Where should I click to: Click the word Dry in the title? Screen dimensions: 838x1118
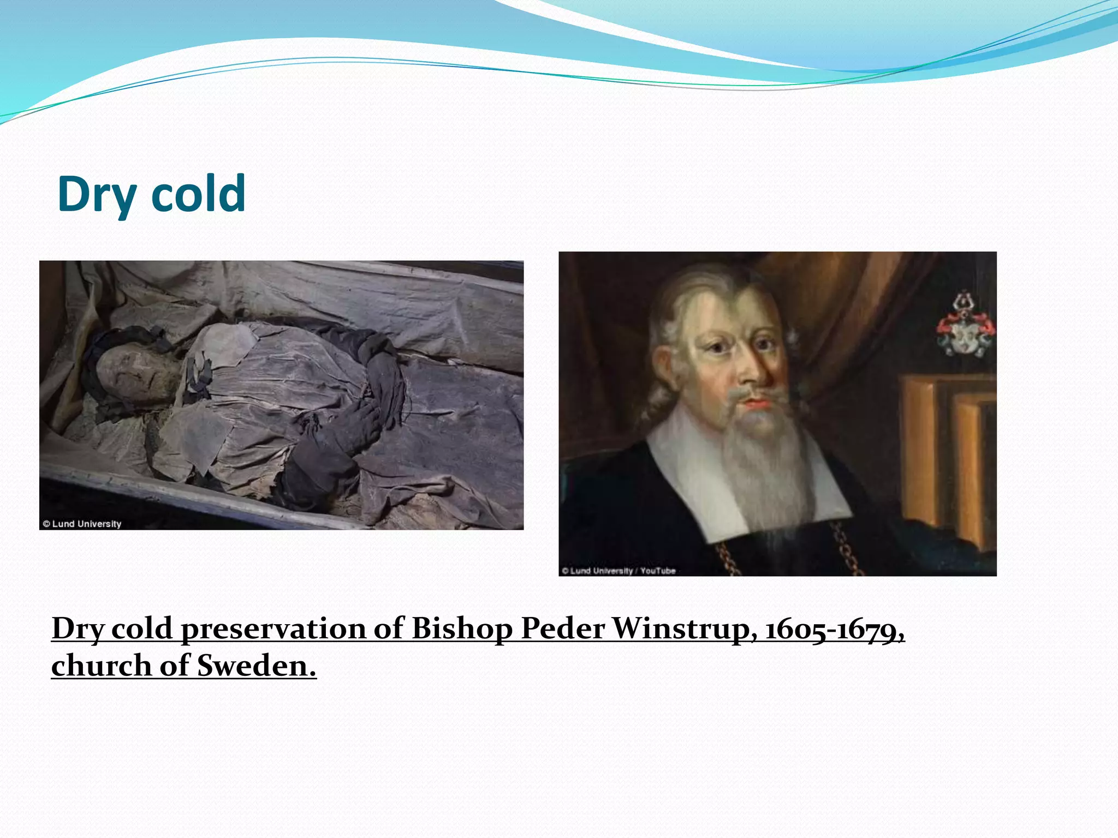click(x=96, y=194)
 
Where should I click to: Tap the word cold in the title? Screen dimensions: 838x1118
click(x=198, y=194)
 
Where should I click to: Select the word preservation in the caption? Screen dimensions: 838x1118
click(x=273, y=628)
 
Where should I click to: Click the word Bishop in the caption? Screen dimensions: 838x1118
click(x=461, y=628)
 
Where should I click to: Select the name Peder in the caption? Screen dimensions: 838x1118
click(x=562, y=628)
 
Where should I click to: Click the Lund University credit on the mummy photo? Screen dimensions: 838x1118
click(x=82, y=524)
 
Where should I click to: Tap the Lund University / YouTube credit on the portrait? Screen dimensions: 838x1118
click(x=619, y=571)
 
